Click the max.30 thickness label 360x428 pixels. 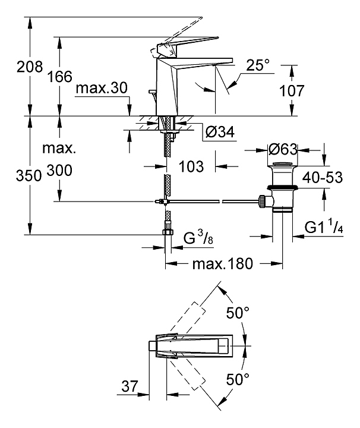pyautogui.click(x=102, y=89)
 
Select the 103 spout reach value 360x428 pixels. pyautogui.click(x=191, y=166)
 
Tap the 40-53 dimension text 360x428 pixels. pyautogui.click(x=323, y=178)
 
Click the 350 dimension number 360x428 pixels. pyautogui.click(x=12, y=175)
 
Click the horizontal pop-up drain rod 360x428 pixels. pyautogui.click(x=214, y=202)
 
